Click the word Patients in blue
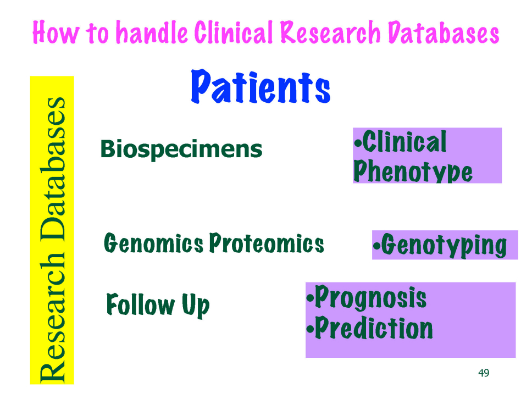261,87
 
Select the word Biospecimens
181,149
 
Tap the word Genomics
153,243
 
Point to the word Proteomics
267,243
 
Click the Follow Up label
158,304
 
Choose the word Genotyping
444,245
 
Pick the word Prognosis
371,297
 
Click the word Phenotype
413,171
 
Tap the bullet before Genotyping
376,246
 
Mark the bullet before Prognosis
310,298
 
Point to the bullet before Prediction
310,329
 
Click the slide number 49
484,373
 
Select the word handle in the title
152,32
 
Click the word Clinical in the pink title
234,32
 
